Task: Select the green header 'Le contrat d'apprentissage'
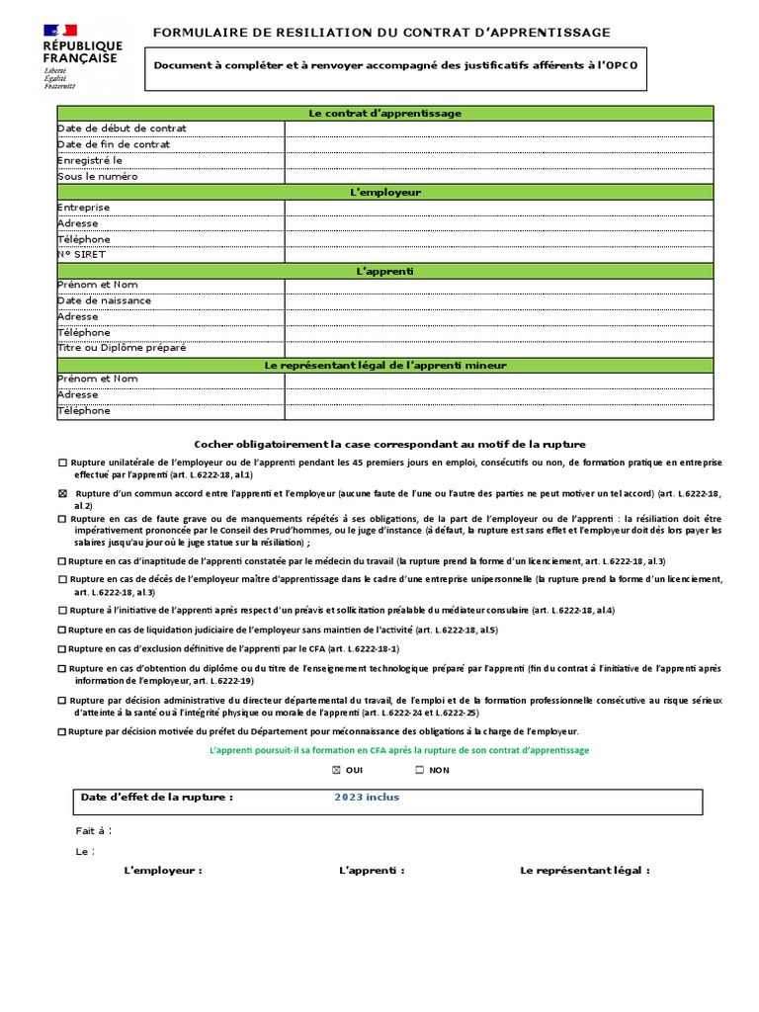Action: [384, 114]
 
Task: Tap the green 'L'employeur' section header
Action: [384, 192]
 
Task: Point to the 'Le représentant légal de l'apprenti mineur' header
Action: [384, 366]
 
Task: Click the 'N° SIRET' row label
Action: [81, 254]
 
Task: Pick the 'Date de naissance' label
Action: [104, 300]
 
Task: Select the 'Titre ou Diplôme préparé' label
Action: [122, 348]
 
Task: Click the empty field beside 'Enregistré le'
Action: [497, 160]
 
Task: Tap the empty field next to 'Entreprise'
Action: [497, 208]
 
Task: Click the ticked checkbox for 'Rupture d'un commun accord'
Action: [63, 493]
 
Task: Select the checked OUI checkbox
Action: [336, 770]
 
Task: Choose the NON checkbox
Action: [419, 770]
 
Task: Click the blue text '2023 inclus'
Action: [367, 798]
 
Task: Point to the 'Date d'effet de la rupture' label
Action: [156, 798]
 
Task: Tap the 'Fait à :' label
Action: [94, 830]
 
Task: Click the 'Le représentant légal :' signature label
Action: [585, 871]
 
